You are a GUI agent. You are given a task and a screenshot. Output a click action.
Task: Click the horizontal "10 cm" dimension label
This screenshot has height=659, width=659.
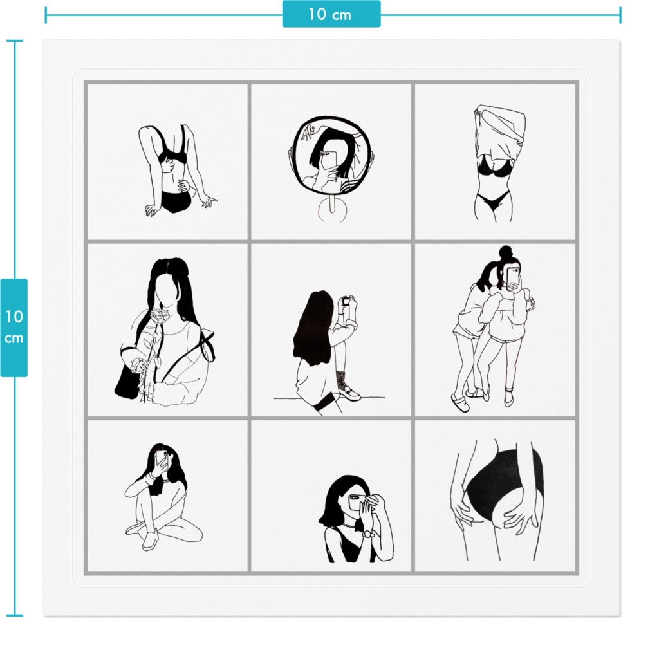pos(331,14)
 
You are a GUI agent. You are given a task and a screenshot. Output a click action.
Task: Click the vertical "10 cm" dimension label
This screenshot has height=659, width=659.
pos(14,327)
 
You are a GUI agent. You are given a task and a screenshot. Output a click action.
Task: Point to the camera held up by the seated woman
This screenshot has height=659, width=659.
pos(346,301)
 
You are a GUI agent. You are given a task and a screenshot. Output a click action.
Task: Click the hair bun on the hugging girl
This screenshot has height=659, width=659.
pos(505,252)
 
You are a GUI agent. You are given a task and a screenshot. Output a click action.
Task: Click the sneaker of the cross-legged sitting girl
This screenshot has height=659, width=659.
pos(150,539)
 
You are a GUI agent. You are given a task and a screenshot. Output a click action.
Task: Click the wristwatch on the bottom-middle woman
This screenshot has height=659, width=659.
pos(368,534)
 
